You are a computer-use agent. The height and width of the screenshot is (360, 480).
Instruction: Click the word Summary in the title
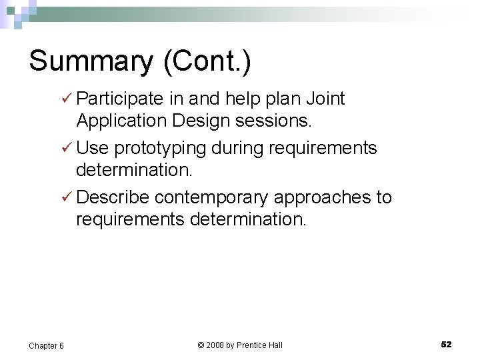click(90, 61)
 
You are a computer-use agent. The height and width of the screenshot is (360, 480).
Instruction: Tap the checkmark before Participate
click(65, 99)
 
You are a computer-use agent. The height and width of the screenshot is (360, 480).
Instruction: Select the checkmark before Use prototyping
click(65, 147)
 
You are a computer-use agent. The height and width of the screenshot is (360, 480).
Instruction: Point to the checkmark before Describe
click(65, 197)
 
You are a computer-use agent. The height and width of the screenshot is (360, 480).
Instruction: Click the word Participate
click(120, 100)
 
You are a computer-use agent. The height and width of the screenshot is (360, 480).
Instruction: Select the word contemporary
click(212, 197)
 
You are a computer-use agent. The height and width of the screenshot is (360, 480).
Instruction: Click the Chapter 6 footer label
click(46, 345)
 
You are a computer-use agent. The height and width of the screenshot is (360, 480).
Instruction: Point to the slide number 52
click(446, 345)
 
